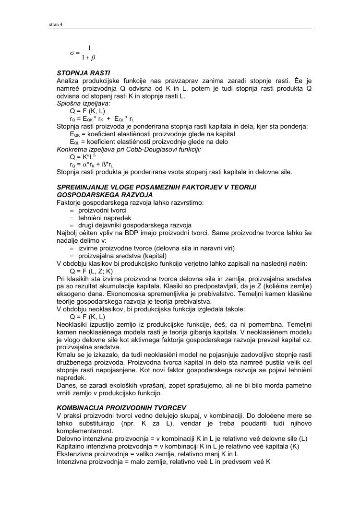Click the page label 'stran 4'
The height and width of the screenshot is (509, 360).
point(56,25)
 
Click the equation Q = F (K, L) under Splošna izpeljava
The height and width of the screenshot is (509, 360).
point(87,110)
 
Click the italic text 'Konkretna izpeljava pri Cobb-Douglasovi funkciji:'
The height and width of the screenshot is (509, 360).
point(129,149)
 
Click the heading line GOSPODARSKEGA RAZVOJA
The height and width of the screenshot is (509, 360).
point(104,195)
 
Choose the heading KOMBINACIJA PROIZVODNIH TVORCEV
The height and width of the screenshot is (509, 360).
point(121,408)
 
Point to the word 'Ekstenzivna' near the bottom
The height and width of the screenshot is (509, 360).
point(75,453)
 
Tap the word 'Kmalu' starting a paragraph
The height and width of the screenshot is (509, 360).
point(66,354)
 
